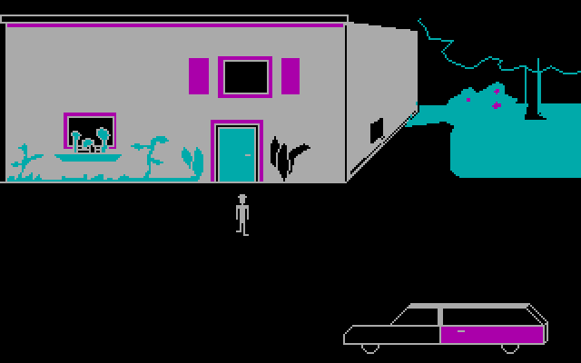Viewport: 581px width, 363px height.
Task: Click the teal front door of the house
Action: coord(237,154)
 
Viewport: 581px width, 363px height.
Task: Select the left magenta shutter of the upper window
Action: coord(198,76)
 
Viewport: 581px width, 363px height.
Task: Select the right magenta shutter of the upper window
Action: coord(290,76)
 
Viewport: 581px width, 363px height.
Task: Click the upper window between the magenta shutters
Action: coord(244,77)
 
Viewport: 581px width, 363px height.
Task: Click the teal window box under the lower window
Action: coord(88,157)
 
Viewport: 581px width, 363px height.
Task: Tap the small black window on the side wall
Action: coord(376,129)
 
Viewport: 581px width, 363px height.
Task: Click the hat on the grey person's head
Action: coord(241,197)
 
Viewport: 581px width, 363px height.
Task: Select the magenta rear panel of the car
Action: coord(491,334)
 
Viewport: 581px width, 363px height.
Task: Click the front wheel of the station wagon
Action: coord(369,348)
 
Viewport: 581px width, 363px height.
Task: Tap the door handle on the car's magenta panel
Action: coord(462,332)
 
